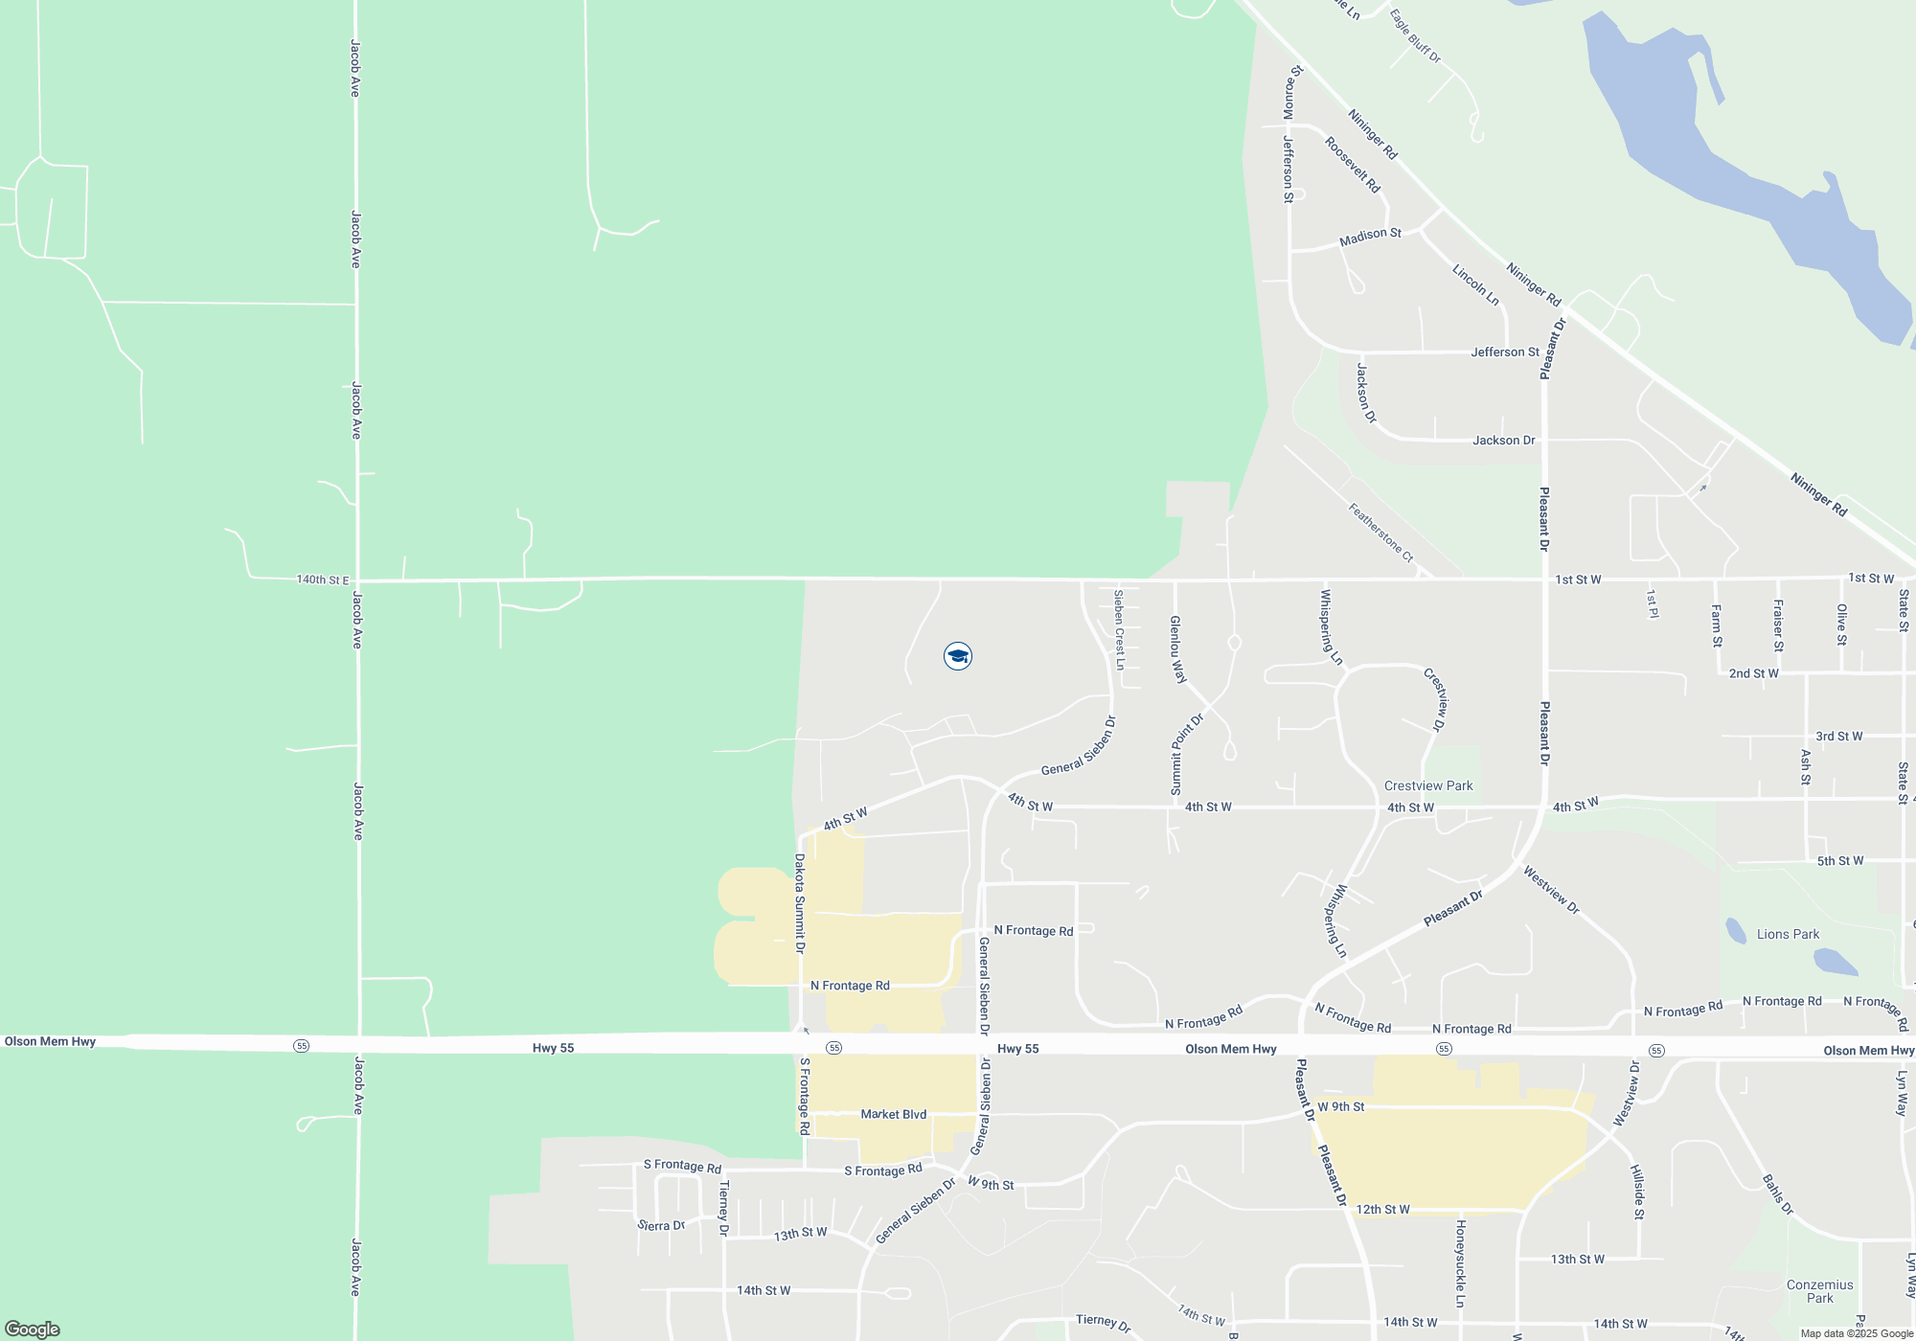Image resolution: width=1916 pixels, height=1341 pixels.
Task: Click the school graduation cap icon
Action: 957,656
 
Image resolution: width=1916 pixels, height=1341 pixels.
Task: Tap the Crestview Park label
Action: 1428,785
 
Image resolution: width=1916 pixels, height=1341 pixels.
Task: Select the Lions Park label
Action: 1788,934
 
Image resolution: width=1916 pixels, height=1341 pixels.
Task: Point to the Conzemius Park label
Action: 1819,1291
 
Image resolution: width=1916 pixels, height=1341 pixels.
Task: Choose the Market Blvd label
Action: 893,1114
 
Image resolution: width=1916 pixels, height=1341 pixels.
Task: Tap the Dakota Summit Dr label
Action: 800,903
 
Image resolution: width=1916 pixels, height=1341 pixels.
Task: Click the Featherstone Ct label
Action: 1380,533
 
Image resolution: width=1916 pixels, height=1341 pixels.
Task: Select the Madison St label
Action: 1370,236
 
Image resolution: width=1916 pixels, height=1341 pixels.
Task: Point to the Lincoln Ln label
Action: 1475,284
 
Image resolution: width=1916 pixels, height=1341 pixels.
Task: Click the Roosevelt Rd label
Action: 1352,164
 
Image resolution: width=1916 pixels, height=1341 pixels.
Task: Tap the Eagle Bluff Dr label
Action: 1415,36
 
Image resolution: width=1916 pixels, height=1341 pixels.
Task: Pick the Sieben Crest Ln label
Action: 1119,629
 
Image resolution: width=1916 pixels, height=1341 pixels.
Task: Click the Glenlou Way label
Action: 1177,649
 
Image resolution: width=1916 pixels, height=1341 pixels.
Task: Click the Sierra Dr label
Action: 661,1225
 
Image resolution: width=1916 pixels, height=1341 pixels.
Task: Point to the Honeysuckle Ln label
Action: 1460,1263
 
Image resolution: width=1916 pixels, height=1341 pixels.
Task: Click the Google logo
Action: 33,1329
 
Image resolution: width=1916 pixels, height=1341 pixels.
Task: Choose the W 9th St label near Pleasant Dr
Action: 1340,1106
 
